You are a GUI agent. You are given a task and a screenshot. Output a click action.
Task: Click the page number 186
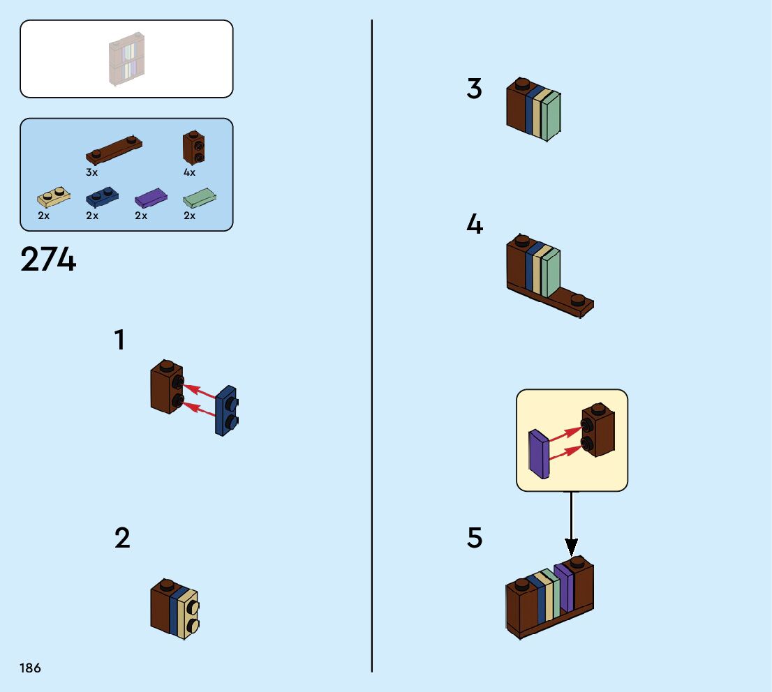click(x=30, y=668)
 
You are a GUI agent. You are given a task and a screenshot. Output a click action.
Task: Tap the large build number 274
click(x=48, y=259)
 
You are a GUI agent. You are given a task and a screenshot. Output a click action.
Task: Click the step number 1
click(x=119, y=340)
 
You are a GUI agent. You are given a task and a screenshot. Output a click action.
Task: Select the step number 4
click(x=475, y=224)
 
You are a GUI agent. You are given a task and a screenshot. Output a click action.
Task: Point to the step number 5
click(x=475, y=537)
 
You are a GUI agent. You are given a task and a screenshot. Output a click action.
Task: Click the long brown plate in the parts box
click(x=114, y=149)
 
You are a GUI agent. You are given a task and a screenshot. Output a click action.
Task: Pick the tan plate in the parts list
click(x=54, y=197)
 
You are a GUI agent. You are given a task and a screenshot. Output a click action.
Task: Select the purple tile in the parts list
click(x=151, y=198)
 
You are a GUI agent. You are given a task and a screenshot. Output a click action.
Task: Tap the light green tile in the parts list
click(x=200, y=198)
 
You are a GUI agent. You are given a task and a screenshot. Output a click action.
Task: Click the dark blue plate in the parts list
click(x=102, y=197)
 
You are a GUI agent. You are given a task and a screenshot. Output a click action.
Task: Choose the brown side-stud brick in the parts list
click(x=193, y=147)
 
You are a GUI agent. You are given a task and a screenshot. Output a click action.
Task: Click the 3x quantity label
click(x=91, y=172)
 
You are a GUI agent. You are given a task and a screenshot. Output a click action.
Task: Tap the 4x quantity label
click(x=190, y=172)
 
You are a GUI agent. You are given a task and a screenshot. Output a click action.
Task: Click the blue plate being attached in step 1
click(x=226, y=410)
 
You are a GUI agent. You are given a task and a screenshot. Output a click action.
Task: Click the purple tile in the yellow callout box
click(x=539, y=454)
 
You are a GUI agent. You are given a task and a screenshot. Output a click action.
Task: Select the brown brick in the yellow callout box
click(x=597, y=430)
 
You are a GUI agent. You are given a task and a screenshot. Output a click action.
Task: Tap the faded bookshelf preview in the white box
click(x=126, y=59)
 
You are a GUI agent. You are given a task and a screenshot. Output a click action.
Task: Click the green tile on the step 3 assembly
click(x=551, y=116)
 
